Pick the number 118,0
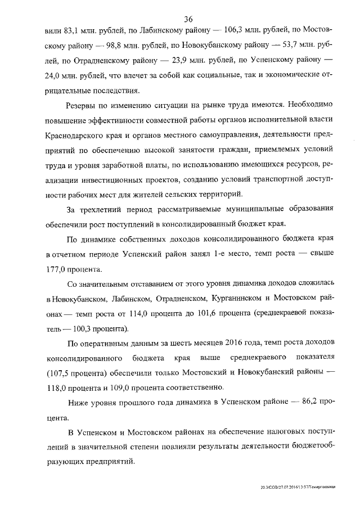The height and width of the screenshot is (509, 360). pos(58,388)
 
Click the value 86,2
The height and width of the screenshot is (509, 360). pos(300,403)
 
